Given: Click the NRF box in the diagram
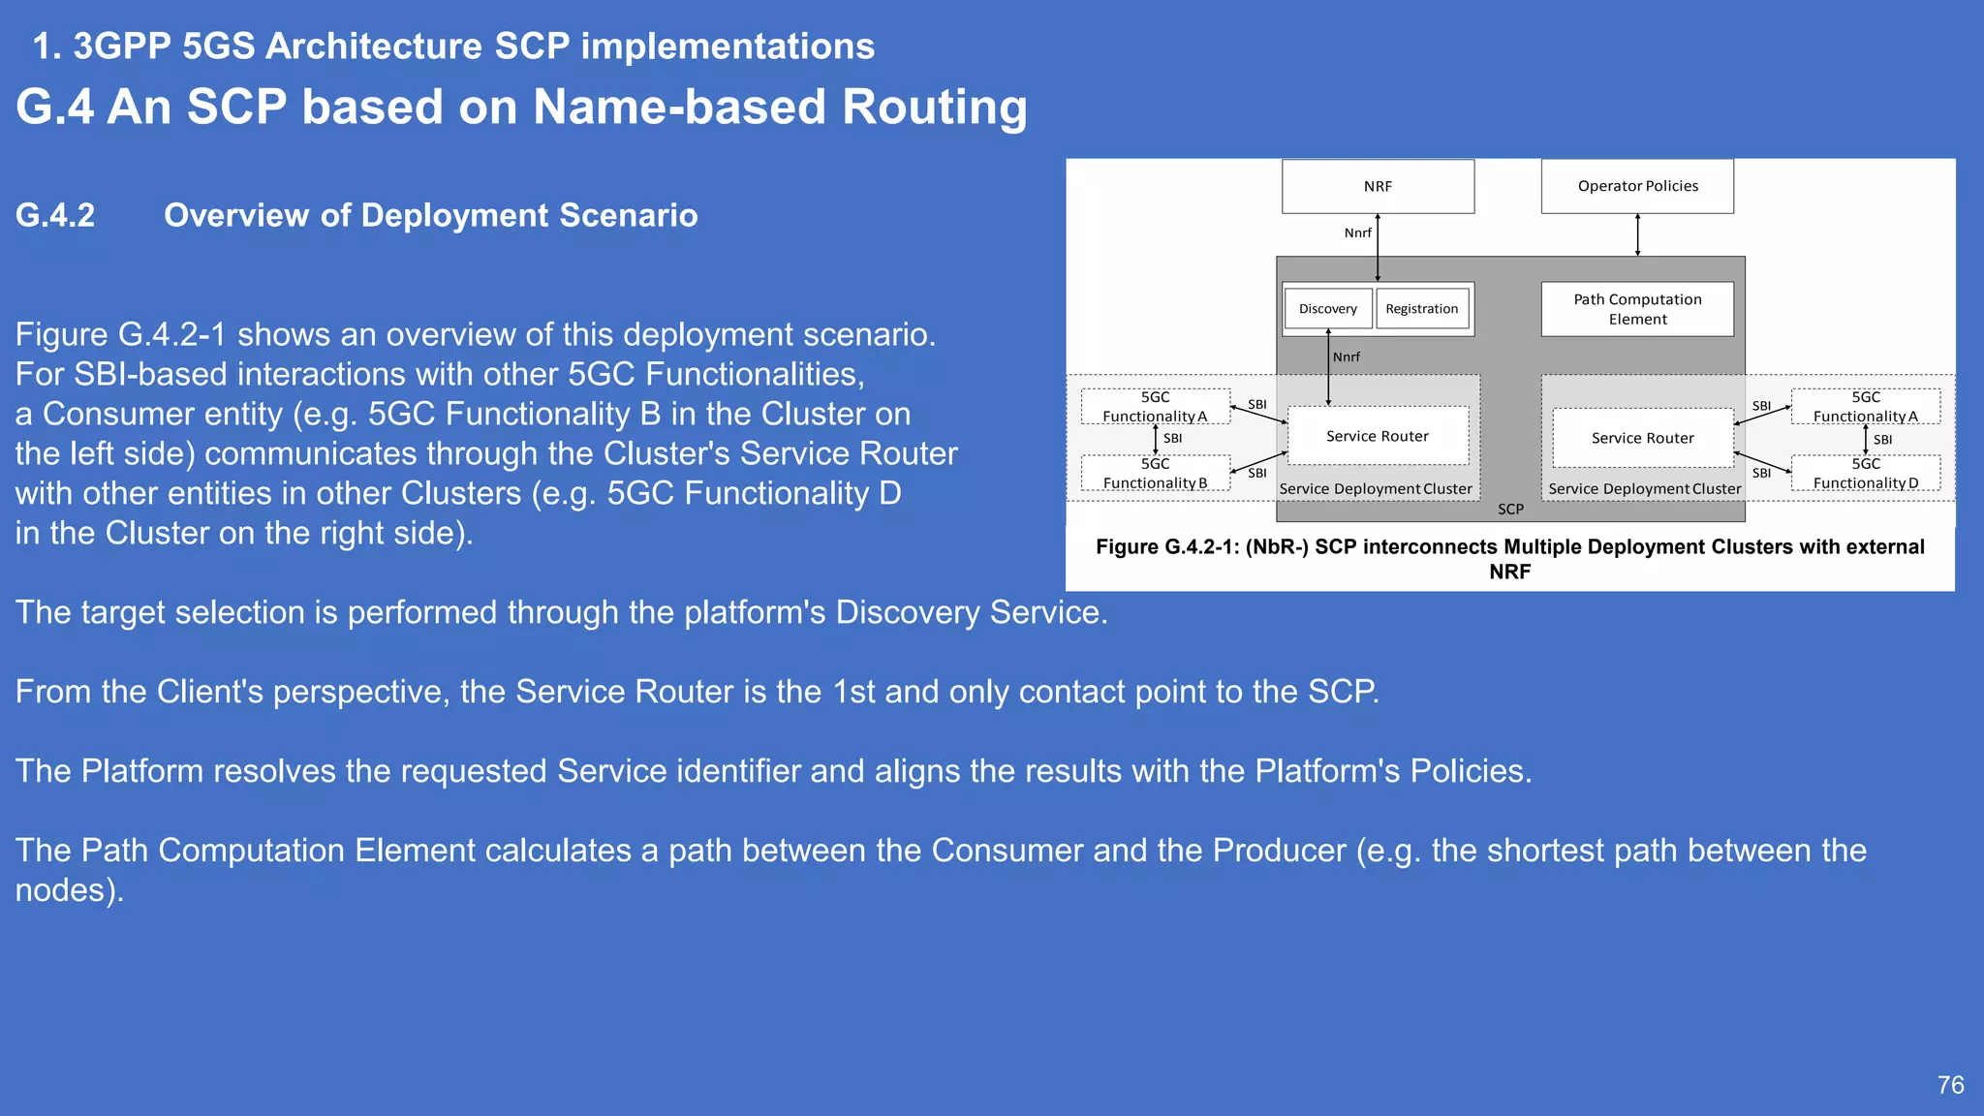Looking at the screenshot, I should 1378,186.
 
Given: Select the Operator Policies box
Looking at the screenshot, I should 1637,186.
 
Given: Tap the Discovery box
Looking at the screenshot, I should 1327,309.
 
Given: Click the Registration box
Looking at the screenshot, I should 1421,309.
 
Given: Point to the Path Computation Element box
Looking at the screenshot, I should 1637,309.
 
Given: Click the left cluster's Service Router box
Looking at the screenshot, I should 1378,436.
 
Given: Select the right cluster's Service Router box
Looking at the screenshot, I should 1643,438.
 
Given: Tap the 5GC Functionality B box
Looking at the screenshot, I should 1155,473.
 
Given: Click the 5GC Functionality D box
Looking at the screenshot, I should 1865,473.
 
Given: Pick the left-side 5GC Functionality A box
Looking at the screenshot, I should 1155,406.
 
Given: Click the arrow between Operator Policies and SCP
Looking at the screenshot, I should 1637,234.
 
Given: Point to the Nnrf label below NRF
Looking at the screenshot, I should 1357,232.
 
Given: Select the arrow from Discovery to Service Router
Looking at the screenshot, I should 1328,368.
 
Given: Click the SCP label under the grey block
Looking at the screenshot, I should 1510,509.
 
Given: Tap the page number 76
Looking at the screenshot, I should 1950,1084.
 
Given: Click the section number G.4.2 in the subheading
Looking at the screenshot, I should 55,215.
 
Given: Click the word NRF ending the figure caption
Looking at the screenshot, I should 1509,572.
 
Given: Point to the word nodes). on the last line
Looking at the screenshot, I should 70,890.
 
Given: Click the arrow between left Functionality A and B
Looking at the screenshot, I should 1155,439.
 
